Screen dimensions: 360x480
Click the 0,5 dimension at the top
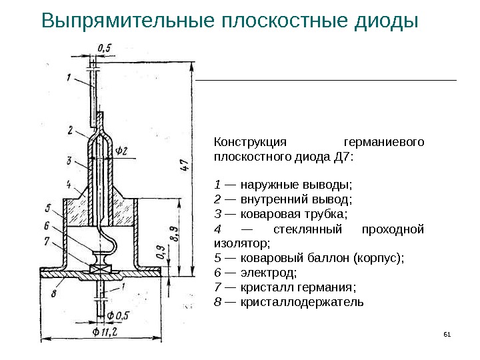click(x=104, y=47)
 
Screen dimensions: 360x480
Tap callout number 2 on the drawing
click(x=69, y=129)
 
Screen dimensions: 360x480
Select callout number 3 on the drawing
click(x=69, y=160)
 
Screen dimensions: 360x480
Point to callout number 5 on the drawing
click(x=48, y=206)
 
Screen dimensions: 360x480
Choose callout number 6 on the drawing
click(x=47, y=225)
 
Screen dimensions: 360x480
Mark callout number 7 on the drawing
click(x=47, y=240)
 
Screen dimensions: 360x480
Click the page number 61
click(x=447, y=333)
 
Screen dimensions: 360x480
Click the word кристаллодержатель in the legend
click(x=302, y=302)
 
